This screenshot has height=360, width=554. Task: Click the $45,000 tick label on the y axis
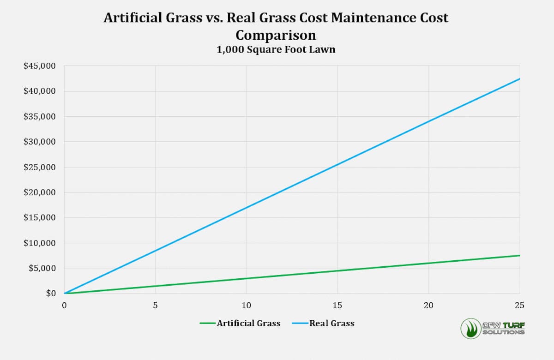pos(39,66)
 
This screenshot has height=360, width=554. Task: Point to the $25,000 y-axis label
pos(39,167)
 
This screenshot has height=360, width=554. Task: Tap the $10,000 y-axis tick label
pos(39,243)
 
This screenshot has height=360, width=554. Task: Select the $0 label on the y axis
pos(51,294)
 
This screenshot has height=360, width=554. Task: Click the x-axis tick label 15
pos(337,305)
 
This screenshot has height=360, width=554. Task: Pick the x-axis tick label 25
pos(520,305)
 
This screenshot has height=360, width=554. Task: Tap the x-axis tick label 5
pos(156,305)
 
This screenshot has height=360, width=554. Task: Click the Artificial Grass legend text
pos(248,323)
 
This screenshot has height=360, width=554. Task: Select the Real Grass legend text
pos(332,323)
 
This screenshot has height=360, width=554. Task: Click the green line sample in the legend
pos(207,323)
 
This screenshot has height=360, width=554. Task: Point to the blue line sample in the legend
pos(300,323)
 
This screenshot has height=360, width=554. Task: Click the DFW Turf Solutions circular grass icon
pos(470,328)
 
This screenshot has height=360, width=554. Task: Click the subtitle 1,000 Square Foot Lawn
pos(276,49)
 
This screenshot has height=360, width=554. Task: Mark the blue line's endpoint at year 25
pos(520,79)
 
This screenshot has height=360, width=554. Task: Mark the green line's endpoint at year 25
pos(520,255)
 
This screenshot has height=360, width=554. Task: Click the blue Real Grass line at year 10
pos(247,207)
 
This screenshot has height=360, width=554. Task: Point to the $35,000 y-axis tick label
pos(39,116)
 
